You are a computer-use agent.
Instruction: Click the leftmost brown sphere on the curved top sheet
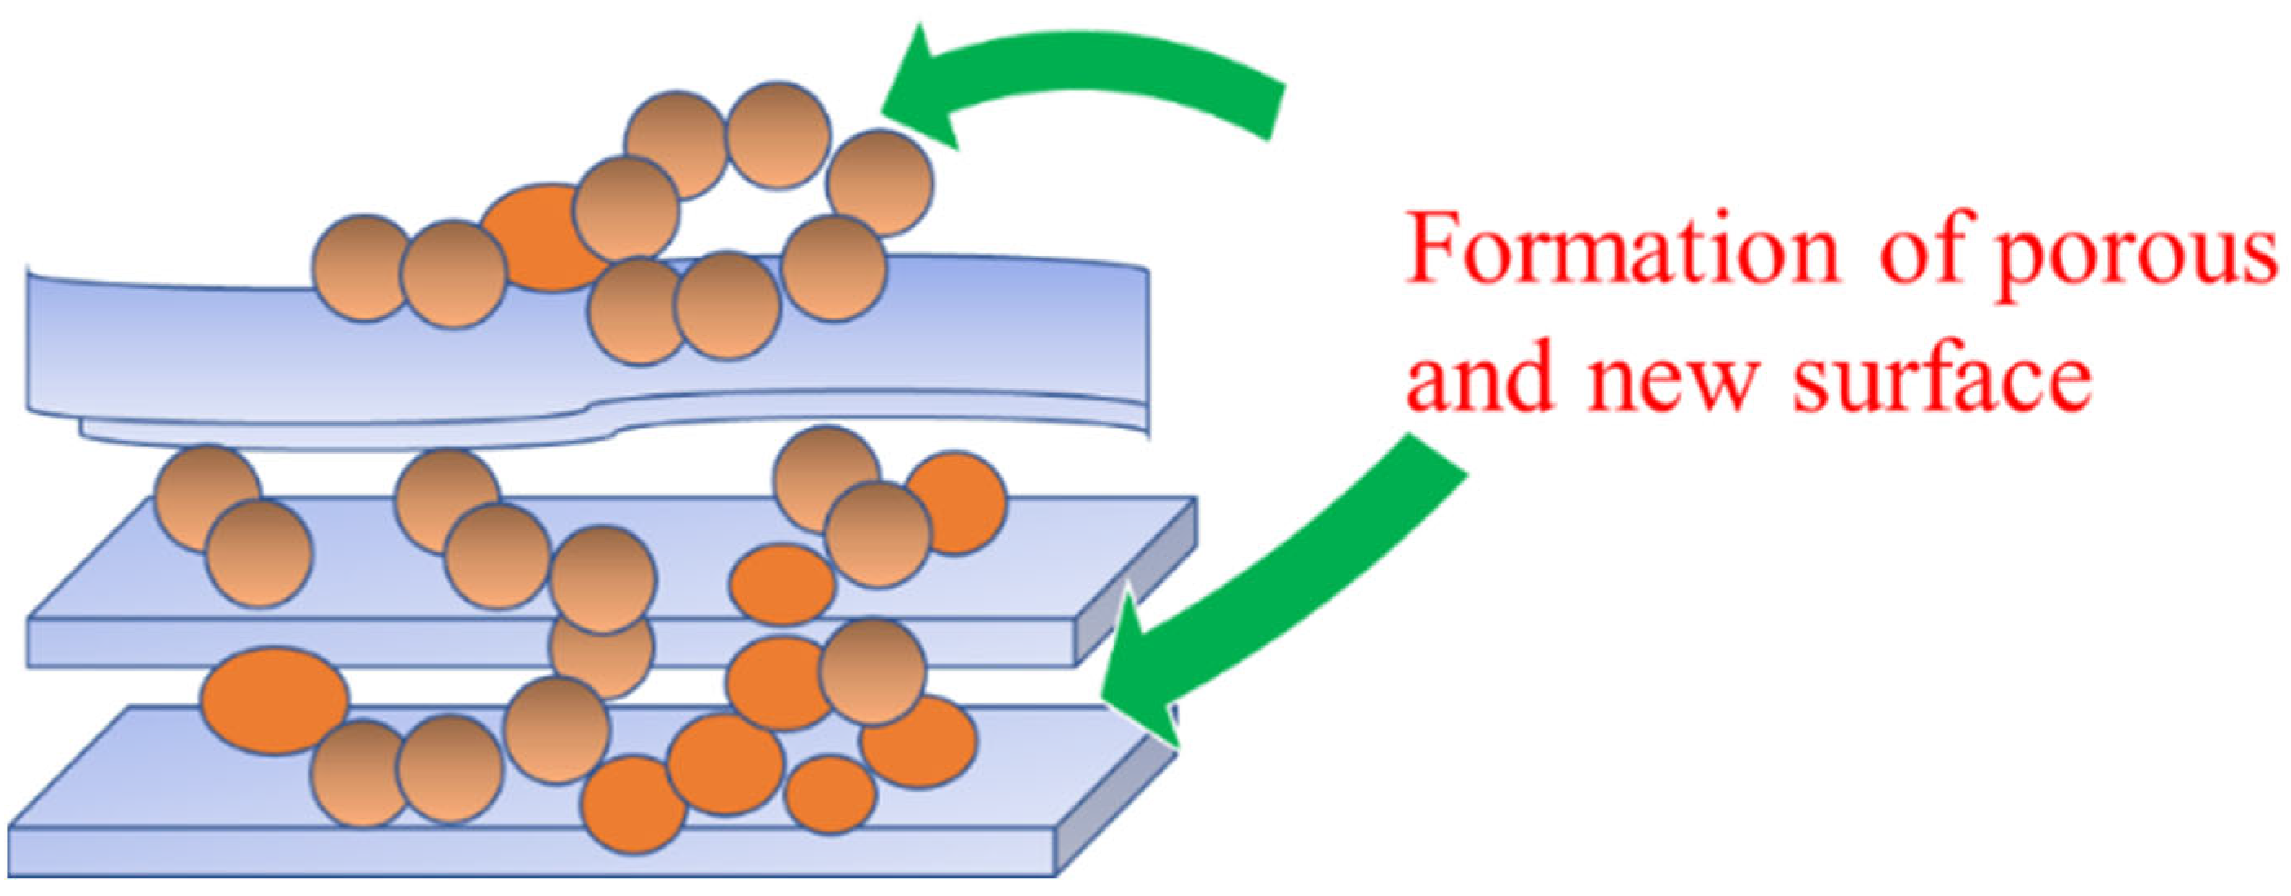(x=365, y=267)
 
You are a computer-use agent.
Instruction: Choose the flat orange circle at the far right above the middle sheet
(x=956, y=503)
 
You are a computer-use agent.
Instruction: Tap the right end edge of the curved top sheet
(x=1145, y=356)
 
